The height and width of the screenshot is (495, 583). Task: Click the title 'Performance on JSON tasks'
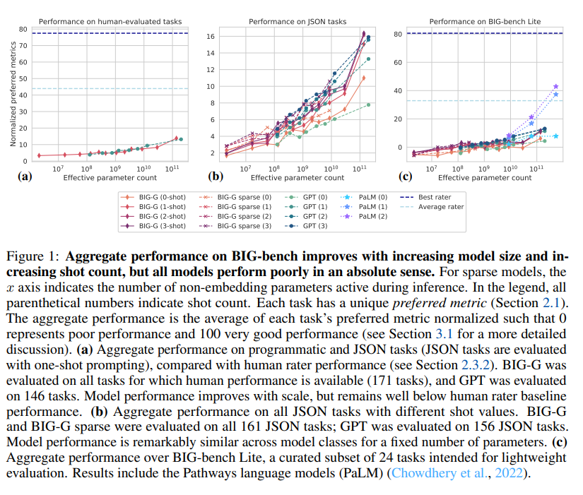[298, 22]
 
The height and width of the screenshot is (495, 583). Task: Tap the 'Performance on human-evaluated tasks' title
[109, 22]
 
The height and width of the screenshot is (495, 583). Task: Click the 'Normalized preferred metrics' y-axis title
[13, 95]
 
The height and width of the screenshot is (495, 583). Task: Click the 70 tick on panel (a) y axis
[23, 45]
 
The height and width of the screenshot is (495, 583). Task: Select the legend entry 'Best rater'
[433, 196]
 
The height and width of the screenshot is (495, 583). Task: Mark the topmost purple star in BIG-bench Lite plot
[555, 86]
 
